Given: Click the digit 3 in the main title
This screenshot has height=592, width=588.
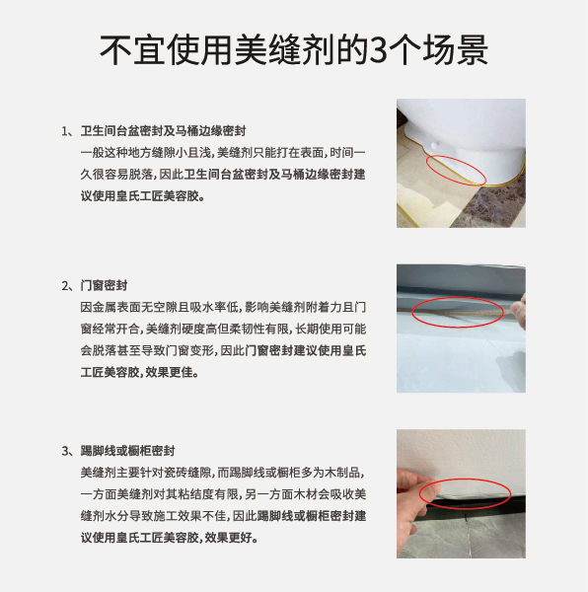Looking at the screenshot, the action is [378, 50].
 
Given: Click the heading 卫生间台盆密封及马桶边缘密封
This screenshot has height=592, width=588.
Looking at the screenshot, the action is [163, 131].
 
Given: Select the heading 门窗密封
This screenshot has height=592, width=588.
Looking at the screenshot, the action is [104, 285].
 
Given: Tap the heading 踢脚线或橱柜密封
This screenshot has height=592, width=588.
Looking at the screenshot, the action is [127, 451].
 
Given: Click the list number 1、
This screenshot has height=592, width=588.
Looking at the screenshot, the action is [69, 131].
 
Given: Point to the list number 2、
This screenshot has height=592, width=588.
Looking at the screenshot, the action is [69, 286].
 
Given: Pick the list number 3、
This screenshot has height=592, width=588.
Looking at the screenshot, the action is [69, 451].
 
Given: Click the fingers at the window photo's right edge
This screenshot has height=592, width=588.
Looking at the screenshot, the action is [521, 312].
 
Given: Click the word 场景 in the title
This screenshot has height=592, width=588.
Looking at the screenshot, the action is [456, 50].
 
